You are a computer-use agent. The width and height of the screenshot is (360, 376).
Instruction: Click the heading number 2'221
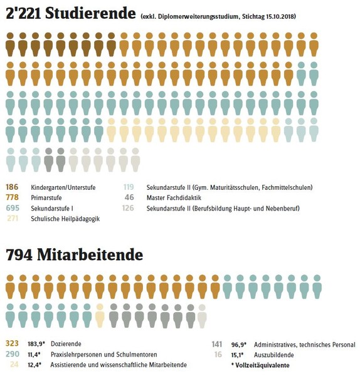tap(23, 14)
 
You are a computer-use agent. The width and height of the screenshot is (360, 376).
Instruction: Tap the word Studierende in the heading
tap(90, 14)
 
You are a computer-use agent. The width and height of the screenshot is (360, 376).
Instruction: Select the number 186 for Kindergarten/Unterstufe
tap(12, 187)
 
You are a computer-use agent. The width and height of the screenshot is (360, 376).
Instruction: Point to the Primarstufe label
tap(46, 198)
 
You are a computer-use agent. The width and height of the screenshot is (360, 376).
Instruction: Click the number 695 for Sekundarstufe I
tap(13, 208)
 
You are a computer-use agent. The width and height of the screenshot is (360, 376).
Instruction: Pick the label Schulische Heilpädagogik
tap(65, 219)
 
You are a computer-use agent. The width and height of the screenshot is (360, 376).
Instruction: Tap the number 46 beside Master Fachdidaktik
tap(129, 197)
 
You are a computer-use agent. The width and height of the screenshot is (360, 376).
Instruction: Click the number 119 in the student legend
tap(129, 187)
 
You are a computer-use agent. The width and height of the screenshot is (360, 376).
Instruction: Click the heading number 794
tap(19, 254)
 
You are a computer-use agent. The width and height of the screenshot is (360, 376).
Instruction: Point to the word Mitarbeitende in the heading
tap(90, 254)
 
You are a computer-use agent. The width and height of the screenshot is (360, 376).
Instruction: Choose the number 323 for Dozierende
tap(12, 343)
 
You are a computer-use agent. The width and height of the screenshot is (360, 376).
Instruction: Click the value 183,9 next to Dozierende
tap(36, 344)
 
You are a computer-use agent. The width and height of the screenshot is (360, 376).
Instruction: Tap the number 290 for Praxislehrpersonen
tap(13, 354)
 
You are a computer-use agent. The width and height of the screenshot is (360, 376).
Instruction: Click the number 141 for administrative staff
tap(217, 344)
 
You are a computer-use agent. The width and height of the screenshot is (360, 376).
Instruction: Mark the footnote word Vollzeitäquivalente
tap(262, 365)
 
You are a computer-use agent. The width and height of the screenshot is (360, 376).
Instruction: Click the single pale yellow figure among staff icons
tap(100, 316)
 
